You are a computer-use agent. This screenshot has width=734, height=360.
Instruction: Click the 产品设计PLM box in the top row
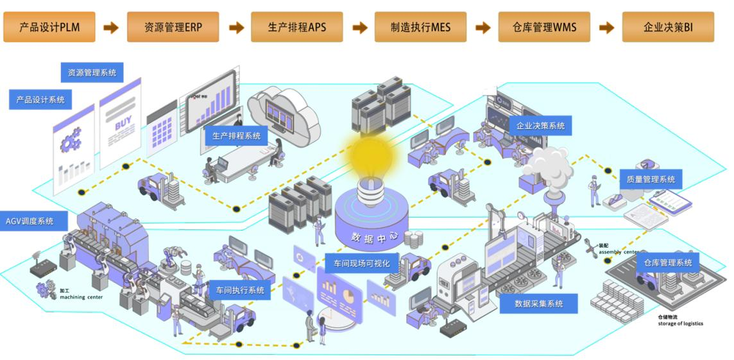point(49,27)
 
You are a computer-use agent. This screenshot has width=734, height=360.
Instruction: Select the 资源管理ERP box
point(173,27)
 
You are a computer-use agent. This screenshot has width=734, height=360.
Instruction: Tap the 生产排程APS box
point(296,27)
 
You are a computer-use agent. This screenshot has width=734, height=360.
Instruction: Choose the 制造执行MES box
point(420,27)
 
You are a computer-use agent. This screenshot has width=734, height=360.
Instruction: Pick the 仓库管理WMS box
point(544,27)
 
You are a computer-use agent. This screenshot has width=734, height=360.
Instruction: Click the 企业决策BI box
point(668,27)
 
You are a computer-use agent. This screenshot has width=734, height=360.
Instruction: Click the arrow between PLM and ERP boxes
point(111,28)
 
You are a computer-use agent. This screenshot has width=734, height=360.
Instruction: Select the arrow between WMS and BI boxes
point(606,28)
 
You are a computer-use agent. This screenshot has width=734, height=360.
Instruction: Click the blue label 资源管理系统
point(92,73)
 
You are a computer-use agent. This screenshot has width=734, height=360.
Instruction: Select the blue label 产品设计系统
point(40,99)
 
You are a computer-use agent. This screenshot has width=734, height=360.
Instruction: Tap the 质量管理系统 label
point(651,180)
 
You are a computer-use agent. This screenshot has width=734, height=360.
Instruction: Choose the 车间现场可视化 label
point(362,263)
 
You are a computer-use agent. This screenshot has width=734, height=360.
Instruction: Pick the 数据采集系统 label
point(539,304)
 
